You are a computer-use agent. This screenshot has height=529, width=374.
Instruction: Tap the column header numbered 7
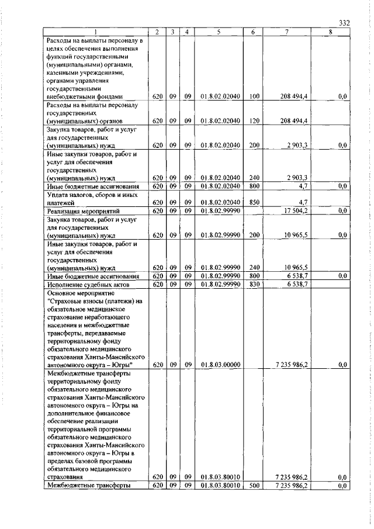[x=290, y=32]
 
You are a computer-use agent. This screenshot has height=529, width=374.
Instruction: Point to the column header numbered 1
[x=96, y=32]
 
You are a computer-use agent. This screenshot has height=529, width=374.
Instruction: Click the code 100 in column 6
[x=254, y=96]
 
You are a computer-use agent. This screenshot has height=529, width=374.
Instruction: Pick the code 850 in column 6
[x=254, y=202]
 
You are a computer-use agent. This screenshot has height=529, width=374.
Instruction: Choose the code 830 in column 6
[x=254, y=283]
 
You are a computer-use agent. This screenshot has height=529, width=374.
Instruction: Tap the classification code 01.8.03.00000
[x=220, y=364]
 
